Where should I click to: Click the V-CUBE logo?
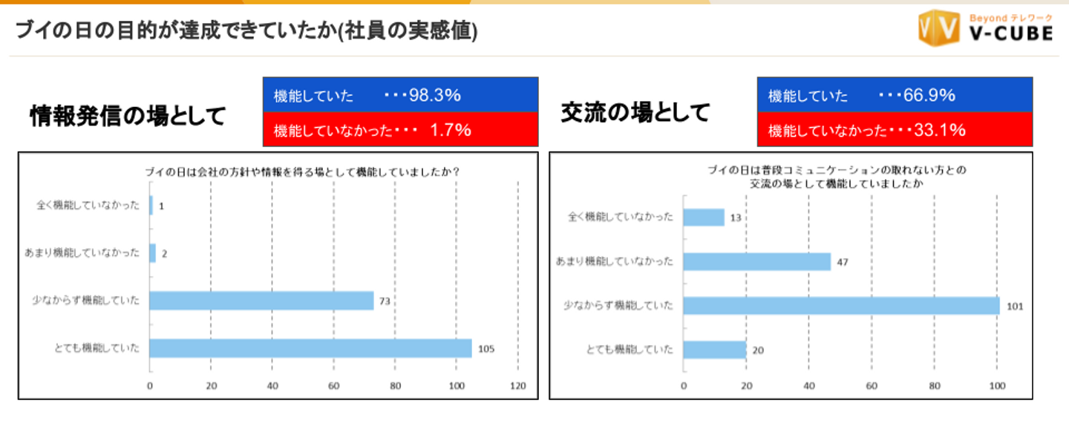pos(985,29)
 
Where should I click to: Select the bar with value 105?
pos(310,348)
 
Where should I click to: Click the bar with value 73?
pos(261,301)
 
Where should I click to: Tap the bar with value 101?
pos(840,305)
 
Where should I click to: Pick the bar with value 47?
pos(756,261)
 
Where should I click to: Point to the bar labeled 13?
pos(703,217)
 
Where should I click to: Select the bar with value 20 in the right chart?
pos(714,350)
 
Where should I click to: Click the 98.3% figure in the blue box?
pos(435,95)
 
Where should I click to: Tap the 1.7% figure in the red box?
pos(451,130)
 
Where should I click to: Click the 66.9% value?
pos(929,95)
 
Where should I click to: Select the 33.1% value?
pos(940,130)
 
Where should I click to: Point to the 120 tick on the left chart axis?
pos(517,385)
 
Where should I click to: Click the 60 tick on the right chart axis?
pos(872,385)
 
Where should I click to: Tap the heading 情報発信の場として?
pos(127,116)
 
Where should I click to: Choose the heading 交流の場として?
pos(635,113)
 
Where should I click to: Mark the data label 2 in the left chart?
pos(164,253)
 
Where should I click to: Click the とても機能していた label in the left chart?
pos(100,348)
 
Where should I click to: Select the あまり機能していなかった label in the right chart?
pos(615,261)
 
